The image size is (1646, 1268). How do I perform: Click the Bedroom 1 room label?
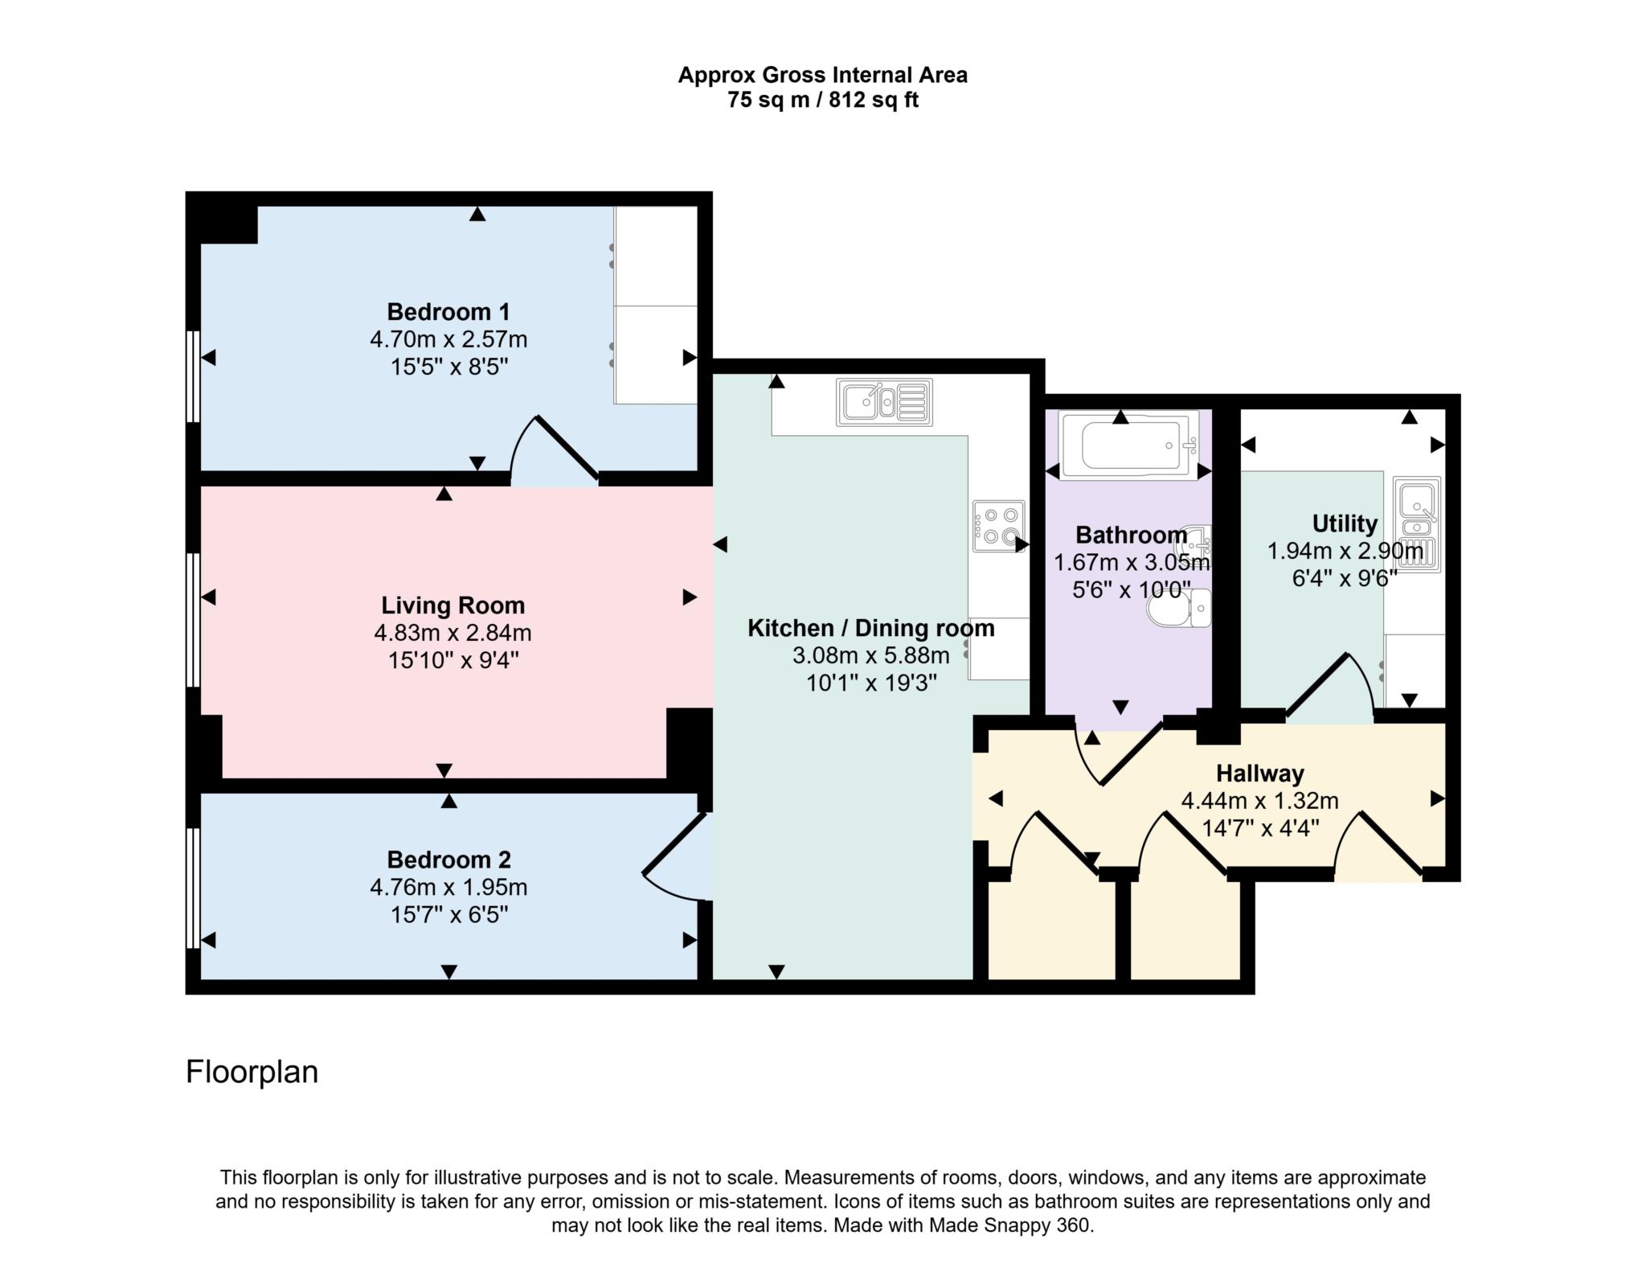point(448,312)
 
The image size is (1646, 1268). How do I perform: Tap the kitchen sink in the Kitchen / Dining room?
point(883,402)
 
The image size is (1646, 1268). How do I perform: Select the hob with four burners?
point(998,526)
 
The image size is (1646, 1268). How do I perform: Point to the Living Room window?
point(193,619)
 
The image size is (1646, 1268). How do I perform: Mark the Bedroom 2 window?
point(193,888)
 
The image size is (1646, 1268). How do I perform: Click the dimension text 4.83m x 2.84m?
point(452,634)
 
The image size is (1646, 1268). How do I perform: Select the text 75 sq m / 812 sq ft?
point(822,101)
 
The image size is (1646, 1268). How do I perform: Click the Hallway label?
point(1259,774)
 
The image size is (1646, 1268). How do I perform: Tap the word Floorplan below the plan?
point(252,1072)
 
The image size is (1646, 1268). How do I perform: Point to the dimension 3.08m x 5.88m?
point(870,655)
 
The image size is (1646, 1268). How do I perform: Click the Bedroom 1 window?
point(193,376)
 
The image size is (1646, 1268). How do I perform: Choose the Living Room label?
point(452,605)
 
